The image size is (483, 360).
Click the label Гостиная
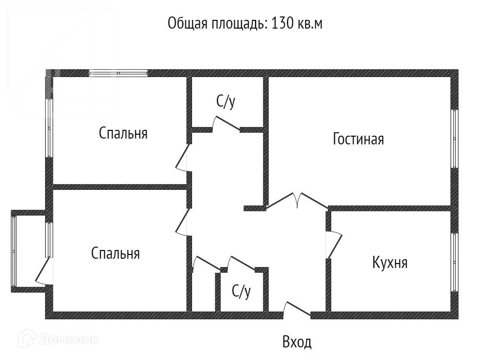[x=358, y=140]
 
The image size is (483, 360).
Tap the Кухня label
[x=390, y=263]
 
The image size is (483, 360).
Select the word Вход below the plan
[x=297, y=343]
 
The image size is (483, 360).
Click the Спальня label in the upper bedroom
[x=123, y=133]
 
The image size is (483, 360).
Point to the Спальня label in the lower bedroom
[x=115, y=253]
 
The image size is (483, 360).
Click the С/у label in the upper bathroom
[x=226, y=102]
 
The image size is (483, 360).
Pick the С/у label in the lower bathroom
[x=241, y=291]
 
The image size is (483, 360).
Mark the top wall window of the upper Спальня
[x=118, y=74]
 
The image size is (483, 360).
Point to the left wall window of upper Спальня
[x=48, y=128]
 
